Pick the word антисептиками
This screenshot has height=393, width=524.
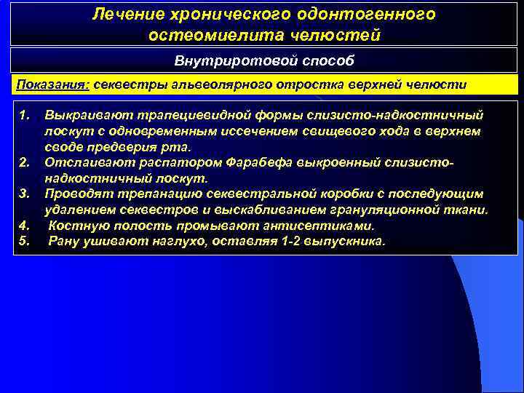327,226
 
